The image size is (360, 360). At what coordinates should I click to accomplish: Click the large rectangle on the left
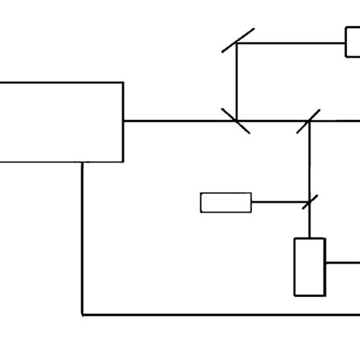click(61, 122)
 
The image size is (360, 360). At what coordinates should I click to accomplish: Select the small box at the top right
click(353, 43)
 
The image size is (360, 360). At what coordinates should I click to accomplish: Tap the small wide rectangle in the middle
click(226, 203)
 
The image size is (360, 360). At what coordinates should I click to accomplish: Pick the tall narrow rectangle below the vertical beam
click(309, 267)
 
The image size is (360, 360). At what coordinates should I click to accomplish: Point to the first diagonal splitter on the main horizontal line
click(236, 120)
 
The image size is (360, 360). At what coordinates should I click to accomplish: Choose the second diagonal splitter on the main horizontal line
click(310, 120)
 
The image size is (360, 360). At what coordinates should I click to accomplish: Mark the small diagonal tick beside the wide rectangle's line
click(308, 202)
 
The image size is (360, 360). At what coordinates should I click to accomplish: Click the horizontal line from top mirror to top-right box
click(292, 43)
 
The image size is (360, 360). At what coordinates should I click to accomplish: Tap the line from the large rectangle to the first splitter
click(178, 120)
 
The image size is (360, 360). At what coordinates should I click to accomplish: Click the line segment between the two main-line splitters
click(273, 120)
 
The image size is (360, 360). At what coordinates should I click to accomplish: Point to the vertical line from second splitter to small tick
click(310, 161)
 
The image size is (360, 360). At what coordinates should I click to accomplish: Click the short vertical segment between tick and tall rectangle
click(310, 223)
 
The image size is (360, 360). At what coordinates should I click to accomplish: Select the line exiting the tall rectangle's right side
click(343, 263)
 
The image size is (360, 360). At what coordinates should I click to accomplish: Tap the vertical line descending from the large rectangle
click(82, 235)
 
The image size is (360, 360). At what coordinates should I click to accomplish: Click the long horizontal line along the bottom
click(220, 314)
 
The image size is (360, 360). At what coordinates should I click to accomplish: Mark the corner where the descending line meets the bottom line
click(82, 314)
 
